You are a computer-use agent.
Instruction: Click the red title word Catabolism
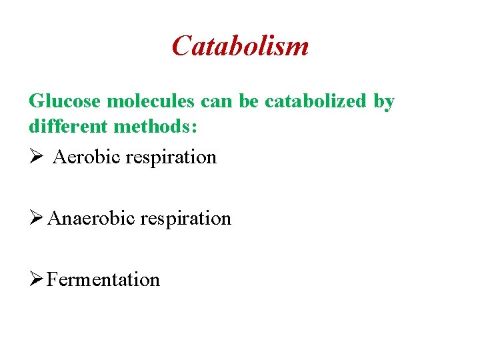pyautogui.click(x=240, y=46)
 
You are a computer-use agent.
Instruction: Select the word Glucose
pyautogui.click(x=64, y=102)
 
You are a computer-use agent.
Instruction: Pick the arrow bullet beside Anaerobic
pyautogui.click(x=36, y=218)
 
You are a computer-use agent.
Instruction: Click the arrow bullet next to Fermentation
pyautogui.click(x=36, y=279)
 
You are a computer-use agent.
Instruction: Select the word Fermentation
pyautogui.click(x=103, y=279)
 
